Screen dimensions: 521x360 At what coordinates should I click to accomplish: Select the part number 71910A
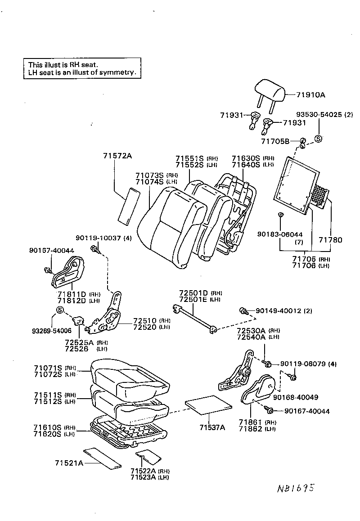click(x=310, y=95)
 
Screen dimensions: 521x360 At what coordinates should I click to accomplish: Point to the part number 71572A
click(x=117, y=156)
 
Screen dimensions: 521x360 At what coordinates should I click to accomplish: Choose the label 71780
click(x=330, y=240)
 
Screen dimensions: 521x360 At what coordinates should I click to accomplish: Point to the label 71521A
click(x=69, y=463)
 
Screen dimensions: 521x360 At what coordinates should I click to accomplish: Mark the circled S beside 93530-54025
click(x=317, y=139)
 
